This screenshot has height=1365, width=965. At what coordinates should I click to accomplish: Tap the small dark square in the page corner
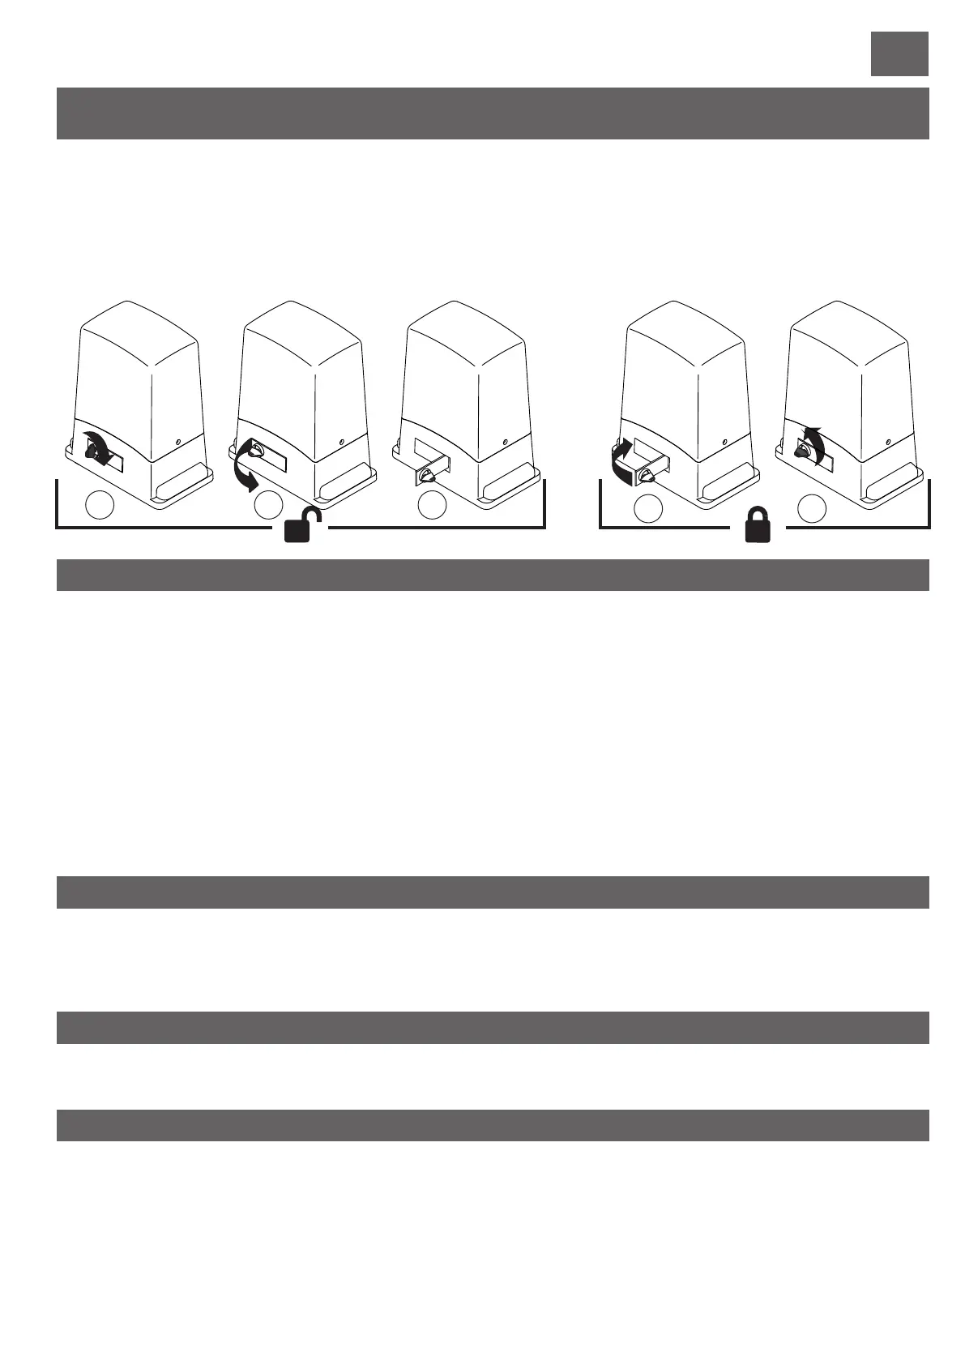click(899, 53)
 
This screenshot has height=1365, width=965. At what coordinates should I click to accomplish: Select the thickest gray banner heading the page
click(493, 113)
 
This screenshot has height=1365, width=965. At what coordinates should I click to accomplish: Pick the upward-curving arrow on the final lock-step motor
click(817, 442)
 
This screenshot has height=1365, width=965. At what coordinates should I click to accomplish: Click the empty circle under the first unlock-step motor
click(100, 505)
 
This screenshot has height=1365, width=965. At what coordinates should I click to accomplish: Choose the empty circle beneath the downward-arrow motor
click(268, 505)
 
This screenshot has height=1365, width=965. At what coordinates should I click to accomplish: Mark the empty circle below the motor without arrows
click(432, 505)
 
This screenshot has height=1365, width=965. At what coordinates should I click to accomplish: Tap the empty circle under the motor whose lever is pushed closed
click(647, 508)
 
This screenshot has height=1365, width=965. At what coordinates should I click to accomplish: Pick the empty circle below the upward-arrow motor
click(811, 508)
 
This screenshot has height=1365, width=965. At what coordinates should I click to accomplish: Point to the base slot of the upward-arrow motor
click(895, 488)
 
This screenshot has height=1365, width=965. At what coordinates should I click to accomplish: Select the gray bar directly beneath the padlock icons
click(493, 575)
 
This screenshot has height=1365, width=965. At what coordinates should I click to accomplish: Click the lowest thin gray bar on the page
click(493, 1125)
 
